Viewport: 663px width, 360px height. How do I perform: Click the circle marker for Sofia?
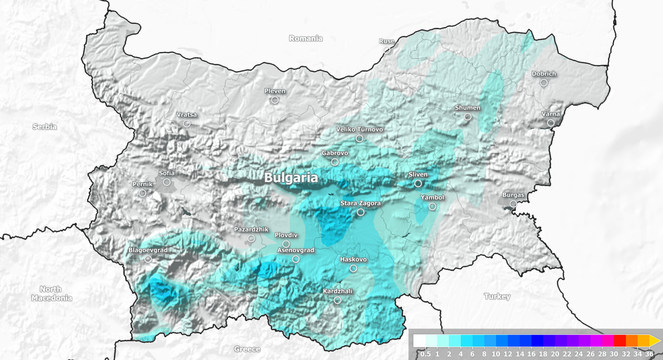coord(167,182)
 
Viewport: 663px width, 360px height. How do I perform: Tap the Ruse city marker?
coord(387,50)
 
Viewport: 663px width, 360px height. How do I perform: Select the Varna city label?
coord(551,114)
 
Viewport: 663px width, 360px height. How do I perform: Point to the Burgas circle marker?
coord(513,204)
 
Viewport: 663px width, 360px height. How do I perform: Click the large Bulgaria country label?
coord(291,178)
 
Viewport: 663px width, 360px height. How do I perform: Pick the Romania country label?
coord(305,38)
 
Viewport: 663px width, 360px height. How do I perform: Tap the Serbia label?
coord(44,127)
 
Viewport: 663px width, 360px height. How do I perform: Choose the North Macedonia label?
coord(51,293)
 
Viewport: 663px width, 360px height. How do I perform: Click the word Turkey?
coord(497,296)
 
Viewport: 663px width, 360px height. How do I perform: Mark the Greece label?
coord(247,349)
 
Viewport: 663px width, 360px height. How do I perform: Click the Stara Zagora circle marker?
coord(360,212)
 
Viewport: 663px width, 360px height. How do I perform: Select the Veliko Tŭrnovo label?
coord(359,130)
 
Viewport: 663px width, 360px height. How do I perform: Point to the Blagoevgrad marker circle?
coord(148,259)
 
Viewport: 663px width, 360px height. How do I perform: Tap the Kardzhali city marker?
coord(337,300)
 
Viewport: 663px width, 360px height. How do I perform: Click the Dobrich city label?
coord(544,74)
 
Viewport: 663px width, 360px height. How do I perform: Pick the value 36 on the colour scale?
coord(649,354)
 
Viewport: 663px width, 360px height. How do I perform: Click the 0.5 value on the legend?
coord(425,354)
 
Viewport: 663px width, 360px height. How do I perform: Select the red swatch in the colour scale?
coord(619,341)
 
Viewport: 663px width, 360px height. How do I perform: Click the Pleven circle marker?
coord(275,100)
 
